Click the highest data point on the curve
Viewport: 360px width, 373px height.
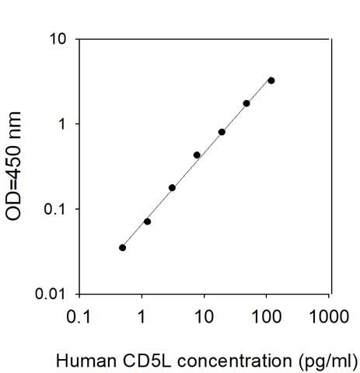tap(271, 81)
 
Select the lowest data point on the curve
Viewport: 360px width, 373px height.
tap(123, 248)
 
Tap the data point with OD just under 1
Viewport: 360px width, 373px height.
tap(222, 132)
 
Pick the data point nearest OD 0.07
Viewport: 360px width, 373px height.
tap(147, 221)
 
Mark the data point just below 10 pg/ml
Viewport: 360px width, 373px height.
tap(197, 155)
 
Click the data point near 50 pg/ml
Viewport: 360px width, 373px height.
tap(246, 103)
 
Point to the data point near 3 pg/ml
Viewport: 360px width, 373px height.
tap(172, 188)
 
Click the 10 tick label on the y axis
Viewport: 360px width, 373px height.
tap(58, 40)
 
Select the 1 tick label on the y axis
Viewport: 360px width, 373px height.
tap(62, 124)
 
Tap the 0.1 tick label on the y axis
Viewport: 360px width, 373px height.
tap(54, 209)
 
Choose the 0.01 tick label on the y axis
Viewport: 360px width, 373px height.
tap(50, 294)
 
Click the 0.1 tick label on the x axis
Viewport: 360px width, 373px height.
tap(79, 316)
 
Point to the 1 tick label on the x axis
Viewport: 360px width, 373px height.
tap(142, 316)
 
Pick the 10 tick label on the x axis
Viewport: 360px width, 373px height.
tap(204, 316)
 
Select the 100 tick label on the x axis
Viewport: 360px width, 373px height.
tap(267, 316)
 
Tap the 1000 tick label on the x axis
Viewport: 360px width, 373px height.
tap(329, 316)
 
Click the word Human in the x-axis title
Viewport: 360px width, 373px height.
tap(86, 361)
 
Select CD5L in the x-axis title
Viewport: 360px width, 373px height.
tap(147, 361)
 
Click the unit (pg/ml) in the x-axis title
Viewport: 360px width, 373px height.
tap(328, 361)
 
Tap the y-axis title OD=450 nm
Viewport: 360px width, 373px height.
tap(13, 166)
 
